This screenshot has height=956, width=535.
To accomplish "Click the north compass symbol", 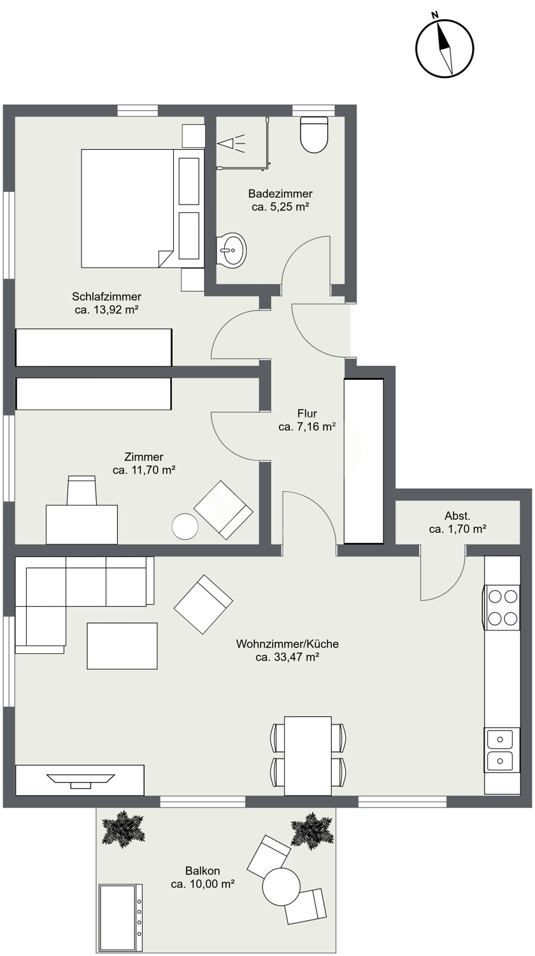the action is [445, 48].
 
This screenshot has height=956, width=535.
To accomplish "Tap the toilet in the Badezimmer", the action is [315, 134].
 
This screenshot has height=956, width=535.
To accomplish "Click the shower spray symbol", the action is [232, 143].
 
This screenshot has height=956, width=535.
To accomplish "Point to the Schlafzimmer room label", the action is [106, 296].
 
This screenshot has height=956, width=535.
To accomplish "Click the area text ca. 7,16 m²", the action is [307, 426].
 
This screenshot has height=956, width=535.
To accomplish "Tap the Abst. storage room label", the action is [457, 516].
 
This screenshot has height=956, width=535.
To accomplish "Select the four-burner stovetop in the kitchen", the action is [503, 607].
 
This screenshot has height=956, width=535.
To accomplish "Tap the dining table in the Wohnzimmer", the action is [308, 755].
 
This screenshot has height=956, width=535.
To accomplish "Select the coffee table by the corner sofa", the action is [122, 646].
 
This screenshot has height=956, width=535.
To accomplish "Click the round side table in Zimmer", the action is [185, 526].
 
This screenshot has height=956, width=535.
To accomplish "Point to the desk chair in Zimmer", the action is [82, 490].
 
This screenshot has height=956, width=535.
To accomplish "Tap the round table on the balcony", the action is [281, 886].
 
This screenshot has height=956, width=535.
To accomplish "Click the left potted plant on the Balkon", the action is [123, 829].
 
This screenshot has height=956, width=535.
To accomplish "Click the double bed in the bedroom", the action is [143, 208].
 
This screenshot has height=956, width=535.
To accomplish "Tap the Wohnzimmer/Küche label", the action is [287, 644].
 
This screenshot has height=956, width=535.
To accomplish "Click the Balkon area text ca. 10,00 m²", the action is [203, 884].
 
